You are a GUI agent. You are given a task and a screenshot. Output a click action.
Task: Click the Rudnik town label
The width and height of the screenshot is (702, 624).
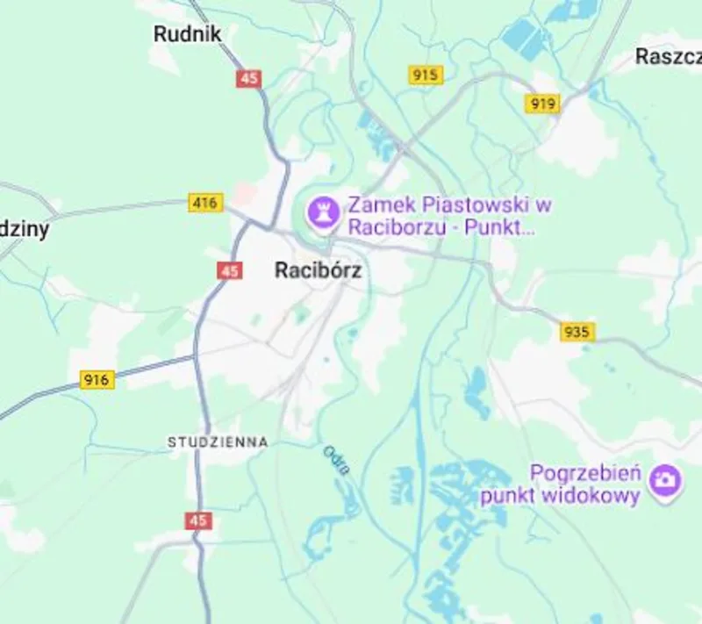tap(187, 34)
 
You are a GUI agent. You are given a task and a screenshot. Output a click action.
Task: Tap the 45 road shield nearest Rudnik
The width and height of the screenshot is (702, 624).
tap(248, 78)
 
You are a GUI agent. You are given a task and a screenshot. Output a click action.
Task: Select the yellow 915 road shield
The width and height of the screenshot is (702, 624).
tap(426, 75)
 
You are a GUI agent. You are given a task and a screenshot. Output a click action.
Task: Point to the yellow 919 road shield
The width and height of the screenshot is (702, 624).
tap(543, 104)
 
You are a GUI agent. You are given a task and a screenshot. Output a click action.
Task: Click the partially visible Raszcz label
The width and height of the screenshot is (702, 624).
tap(669, 57)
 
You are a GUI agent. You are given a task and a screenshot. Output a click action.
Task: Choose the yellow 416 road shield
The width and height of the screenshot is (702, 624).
tap(204, 203)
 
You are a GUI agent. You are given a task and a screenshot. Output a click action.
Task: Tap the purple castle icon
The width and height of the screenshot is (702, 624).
tap(322, 211)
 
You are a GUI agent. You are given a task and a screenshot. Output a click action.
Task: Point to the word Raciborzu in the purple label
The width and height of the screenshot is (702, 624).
tap(390, 227)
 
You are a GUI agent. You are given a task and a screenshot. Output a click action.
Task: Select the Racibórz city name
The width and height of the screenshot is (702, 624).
tap(318, 270)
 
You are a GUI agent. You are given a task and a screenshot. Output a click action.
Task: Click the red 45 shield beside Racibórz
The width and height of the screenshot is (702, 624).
tap(230, 271)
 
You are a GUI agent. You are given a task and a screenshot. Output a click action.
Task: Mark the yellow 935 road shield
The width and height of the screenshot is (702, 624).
tap(577, 332)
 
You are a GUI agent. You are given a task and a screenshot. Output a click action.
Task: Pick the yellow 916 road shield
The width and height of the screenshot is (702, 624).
tap(97, 380)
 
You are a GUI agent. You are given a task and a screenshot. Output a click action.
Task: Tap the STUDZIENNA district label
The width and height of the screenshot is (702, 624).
tap(218, 442)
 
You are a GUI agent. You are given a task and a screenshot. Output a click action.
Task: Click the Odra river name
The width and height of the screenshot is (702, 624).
tap(336, 461)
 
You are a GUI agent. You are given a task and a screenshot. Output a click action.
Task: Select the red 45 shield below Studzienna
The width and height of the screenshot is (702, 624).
tap(198, 520)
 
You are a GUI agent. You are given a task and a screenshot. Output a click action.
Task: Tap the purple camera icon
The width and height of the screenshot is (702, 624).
tap(666, 479)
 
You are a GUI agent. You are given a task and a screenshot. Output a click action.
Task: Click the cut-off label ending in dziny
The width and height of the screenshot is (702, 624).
tap(25, 230)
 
